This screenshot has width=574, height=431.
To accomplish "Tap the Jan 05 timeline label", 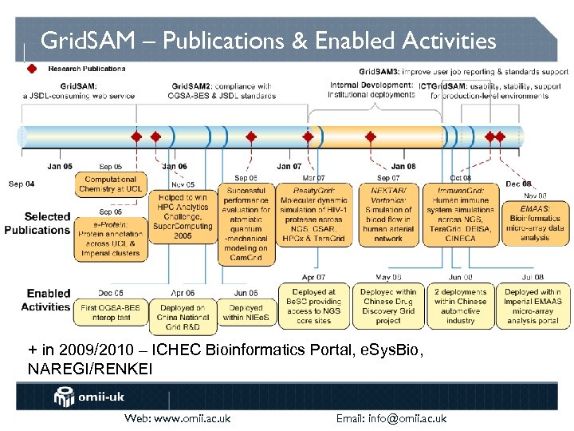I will coord(60,167).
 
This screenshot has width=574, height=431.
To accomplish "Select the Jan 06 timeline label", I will coord(175,167).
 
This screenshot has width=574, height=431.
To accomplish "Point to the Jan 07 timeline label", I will coord(289,167).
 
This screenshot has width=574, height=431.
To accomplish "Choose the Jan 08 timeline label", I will coord(403,167).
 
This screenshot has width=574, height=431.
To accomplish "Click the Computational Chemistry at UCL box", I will coord(111,184).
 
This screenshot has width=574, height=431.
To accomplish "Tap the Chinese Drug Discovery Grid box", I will coord(388,306).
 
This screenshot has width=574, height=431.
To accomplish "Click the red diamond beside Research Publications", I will coord(32,69).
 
